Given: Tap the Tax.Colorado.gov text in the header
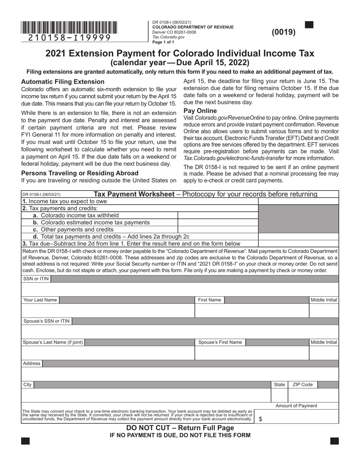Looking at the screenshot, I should [168, 37].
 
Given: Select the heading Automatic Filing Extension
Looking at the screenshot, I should [63, 81].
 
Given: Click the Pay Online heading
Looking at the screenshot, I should [200, 111].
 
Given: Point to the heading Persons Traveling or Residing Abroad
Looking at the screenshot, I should [80, 173].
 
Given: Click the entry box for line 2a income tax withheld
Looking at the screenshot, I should [218, 215].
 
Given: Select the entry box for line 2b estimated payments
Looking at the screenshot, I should [218, 222].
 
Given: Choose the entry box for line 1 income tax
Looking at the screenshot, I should [298, 202].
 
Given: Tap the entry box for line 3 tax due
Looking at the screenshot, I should [298, 243].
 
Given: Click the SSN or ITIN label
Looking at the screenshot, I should [36, 279].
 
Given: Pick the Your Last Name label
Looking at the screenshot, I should [40, 300].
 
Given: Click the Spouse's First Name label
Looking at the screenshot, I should [220, 342].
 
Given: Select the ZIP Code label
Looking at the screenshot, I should [302, 385].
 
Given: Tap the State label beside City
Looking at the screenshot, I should [279, 385].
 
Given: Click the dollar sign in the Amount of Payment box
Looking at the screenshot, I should [260, 419].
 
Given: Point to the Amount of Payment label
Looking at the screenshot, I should [296, 406].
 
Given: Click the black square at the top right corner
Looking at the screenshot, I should [309, 25].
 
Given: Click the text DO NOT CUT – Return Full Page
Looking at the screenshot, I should [180, 428].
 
